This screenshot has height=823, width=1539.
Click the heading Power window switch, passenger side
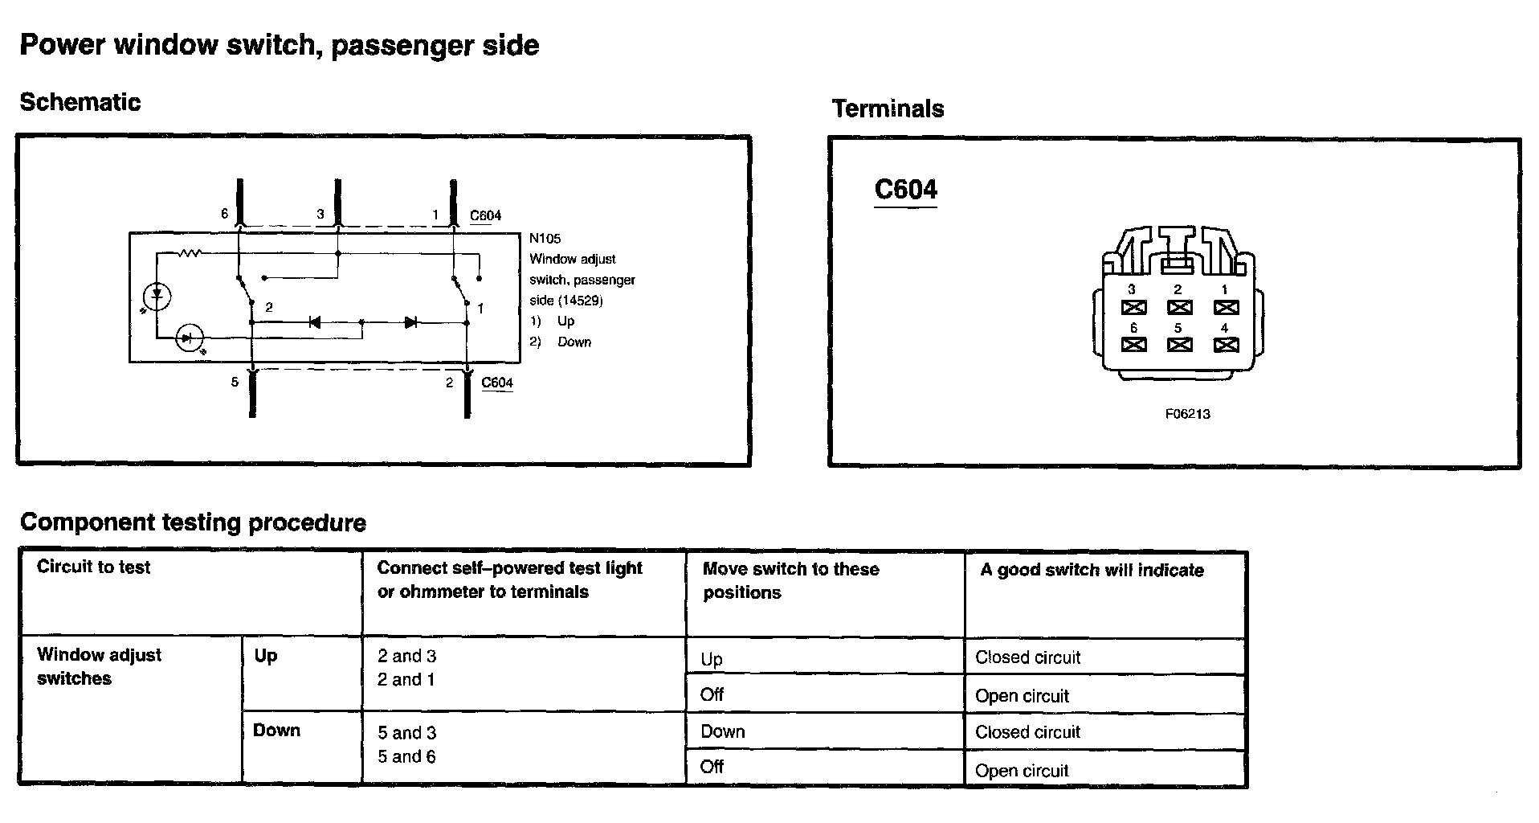[279, 45]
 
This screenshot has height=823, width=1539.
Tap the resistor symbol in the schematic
[190, 254]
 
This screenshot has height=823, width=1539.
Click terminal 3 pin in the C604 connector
[1133, 307]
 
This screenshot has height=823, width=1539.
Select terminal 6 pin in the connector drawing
[1133, 345]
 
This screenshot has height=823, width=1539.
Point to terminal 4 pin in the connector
[1226, 345]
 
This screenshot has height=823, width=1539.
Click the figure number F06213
[1187, 414]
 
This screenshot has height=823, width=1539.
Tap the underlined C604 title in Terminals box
[905, 190]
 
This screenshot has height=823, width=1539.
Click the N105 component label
[545, 239]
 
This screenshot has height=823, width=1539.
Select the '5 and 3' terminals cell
[407, 733]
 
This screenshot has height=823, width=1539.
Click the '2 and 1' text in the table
[406, 680]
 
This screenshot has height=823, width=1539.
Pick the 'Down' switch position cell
[723, 732]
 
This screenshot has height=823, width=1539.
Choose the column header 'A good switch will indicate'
[1092, 571]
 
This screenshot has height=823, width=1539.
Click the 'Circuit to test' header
[93, 567]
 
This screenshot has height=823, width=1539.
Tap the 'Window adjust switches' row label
[99, 666]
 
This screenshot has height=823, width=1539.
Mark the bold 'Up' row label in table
[266, 656]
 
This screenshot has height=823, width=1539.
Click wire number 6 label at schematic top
[225, 214]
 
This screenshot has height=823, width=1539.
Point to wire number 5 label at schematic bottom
[235, 382]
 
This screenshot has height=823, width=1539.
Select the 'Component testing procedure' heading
[193, 522]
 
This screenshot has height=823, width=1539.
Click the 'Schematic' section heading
[80, 102]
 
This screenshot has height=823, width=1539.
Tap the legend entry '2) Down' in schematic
[561, 342]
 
